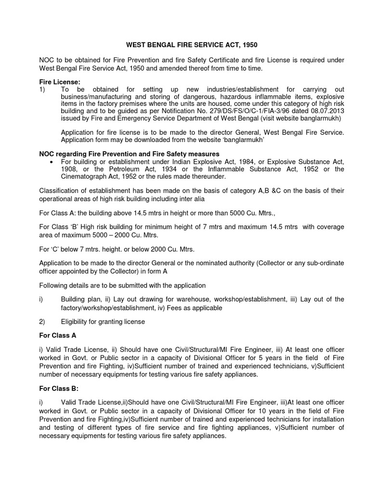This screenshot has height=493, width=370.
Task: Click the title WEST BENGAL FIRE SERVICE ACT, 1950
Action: (192, 45)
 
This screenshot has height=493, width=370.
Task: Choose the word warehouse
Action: (186, 299)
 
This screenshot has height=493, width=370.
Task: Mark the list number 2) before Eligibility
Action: (42, 321)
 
